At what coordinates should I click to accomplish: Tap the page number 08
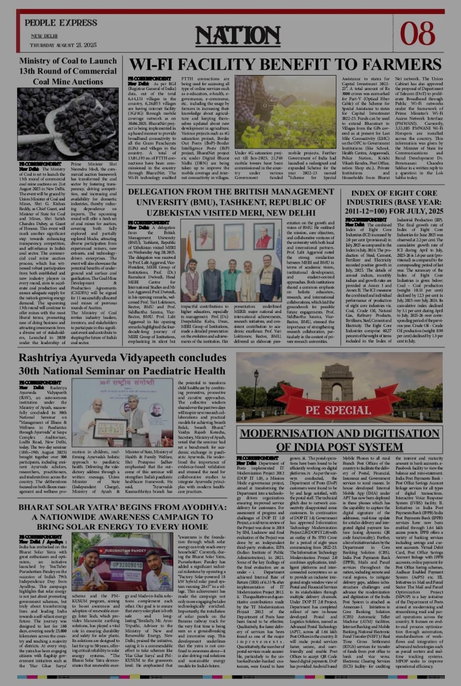point(417,33)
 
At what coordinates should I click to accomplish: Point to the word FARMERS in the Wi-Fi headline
point(396,65)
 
